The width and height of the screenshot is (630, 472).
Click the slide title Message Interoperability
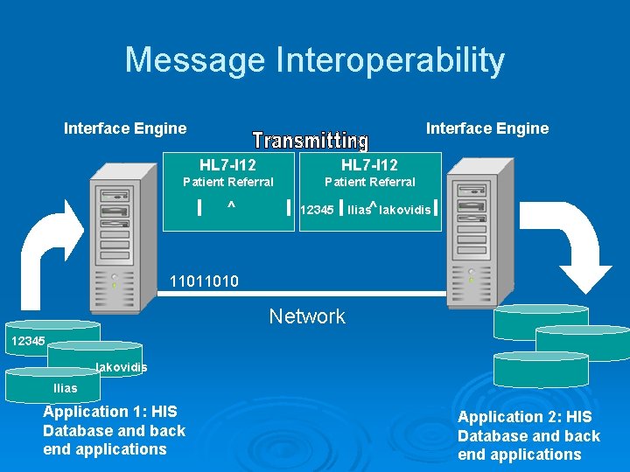pos(315,60)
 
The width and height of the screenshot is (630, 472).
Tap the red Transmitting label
pos(310,141)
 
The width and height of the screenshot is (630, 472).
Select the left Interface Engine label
pos(125,128)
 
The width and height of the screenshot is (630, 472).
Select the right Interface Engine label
pos(487,128)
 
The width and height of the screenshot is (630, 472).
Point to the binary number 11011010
pos(204,281)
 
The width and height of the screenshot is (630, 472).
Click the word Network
pos(307,316)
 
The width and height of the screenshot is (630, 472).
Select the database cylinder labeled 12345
pos(52,337)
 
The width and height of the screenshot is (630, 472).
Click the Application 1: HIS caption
pos(114,430)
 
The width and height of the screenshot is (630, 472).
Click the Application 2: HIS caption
pos(528,435)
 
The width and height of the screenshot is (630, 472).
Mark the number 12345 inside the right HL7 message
pos(317,210)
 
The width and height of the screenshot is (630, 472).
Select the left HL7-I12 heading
pos(227,164)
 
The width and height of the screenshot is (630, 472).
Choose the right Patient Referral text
pos(370,182)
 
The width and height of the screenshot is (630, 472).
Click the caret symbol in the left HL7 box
pos(231,206)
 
